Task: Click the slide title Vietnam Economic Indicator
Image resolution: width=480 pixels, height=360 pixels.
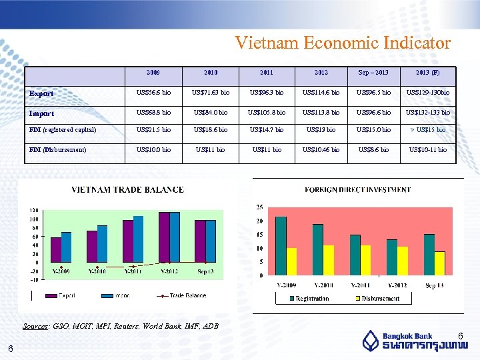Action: pos(343,43)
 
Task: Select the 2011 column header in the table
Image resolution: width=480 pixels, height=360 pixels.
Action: pos(265,73)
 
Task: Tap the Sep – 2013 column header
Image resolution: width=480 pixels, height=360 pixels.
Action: pos(373,73)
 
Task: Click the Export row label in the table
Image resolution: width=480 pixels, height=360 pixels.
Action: pos(41,93)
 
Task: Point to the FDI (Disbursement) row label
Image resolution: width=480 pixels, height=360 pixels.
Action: pos(58,149)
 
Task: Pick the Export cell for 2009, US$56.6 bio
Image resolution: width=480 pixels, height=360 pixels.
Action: pos(153,92)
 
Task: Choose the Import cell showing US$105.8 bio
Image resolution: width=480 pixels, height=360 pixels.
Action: pos(266,112)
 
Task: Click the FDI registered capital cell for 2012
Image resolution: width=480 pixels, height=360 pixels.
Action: pos(321,129)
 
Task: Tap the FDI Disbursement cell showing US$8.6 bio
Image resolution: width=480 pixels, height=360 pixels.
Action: pos(373,149)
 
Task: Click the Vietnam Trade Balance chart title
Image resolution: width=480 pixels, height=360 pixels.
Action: pos(128,190)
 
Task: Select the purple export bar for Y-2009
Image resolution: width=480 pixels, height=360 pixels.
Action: pos(56,250)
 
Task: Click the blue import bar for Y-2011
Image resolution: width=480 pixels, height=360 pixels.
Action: pos(138,239)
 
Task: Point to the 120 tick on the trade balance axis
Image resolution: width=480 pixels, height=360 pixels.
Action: pos(33,211)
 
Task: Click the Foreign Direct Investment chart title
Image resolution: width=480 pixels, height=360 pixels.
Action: pos(357,190)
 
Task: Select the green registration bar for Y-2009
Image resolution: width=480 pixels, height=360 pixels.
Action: pos(281,245)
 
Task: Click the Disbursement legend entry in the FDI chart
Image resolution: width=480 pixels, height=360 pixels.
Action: pos(377,299)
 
